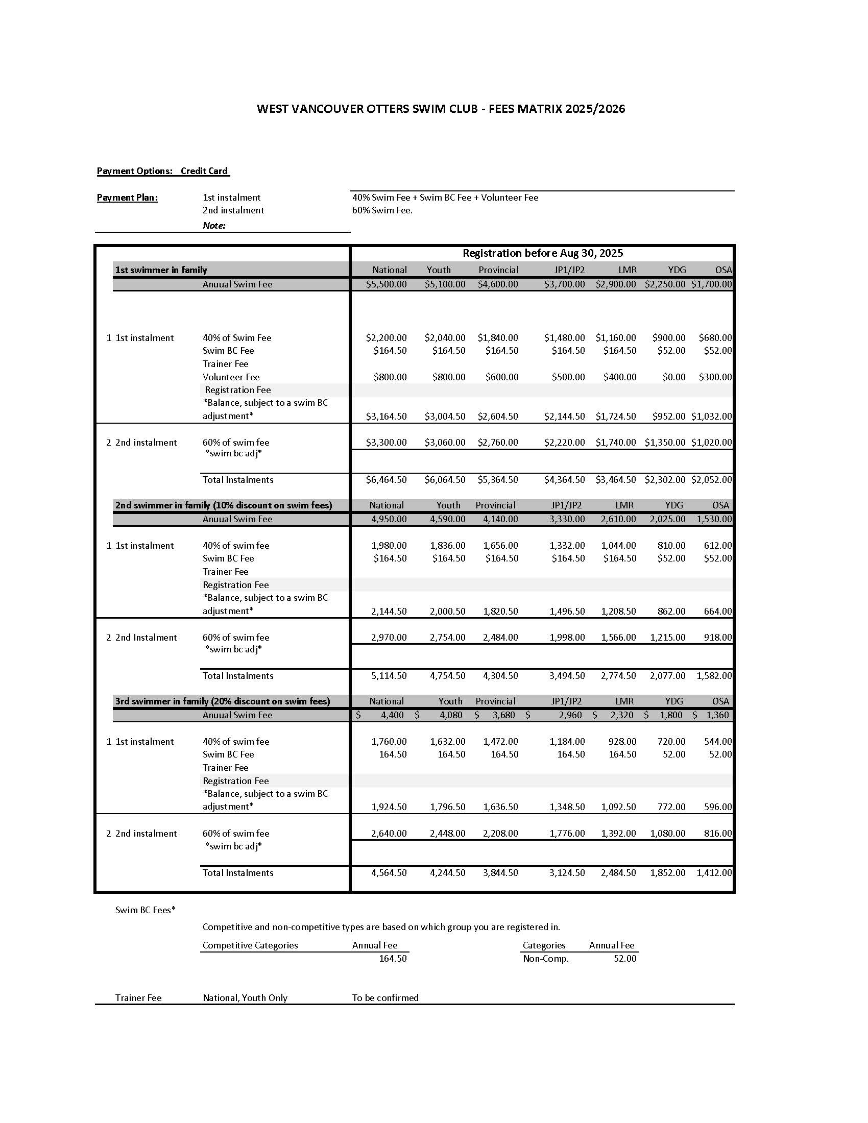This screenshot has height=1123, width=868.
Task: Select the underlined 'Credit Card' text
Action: click(204, 171)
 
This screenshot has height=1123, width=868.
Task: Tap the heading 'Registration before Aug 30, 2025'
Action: click(542, 253)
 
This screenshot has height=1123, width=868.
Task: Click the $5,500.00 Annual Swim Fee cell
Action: click(386, 284)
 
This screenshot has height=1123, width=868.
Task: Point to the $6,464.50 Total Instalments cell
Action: click(386, 480)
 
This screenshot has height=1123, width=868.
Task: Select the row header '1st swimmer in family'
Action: click(161, 270)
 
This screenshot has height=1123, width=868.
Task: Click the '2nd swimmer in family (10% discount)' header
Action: click(223, 505)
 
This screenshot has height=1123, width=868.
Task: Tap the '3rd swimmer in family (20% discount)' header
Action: click(222, 701)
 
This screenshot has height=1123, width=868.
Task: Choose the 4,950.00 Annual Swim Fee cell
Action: click(389, 519)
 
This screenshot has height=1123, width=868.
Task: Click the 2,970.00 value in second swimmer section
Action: click(389, 638)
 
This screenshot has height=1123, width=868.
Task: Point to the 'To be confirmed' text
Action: click(385, 998)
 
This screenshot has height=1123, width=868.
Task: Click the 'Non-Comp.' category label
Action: click(546, 959)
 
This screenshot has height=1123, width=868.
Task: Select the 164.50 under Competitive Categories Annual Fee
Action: click(392, 959)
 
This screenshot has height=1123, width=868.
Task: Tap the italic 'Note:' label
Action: click(214, 226)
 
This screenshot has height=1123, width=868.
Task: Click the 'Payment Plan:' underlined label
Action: click(127, 198)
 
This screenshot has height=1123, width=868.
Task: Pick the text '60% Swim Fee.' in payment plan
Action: click(382, 210)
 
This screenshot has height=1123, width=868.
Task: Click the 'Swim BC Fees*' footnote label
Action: click(146, 910)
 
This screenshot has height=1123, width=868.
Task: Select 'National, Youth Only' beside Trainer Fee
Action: click(245, 998)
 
